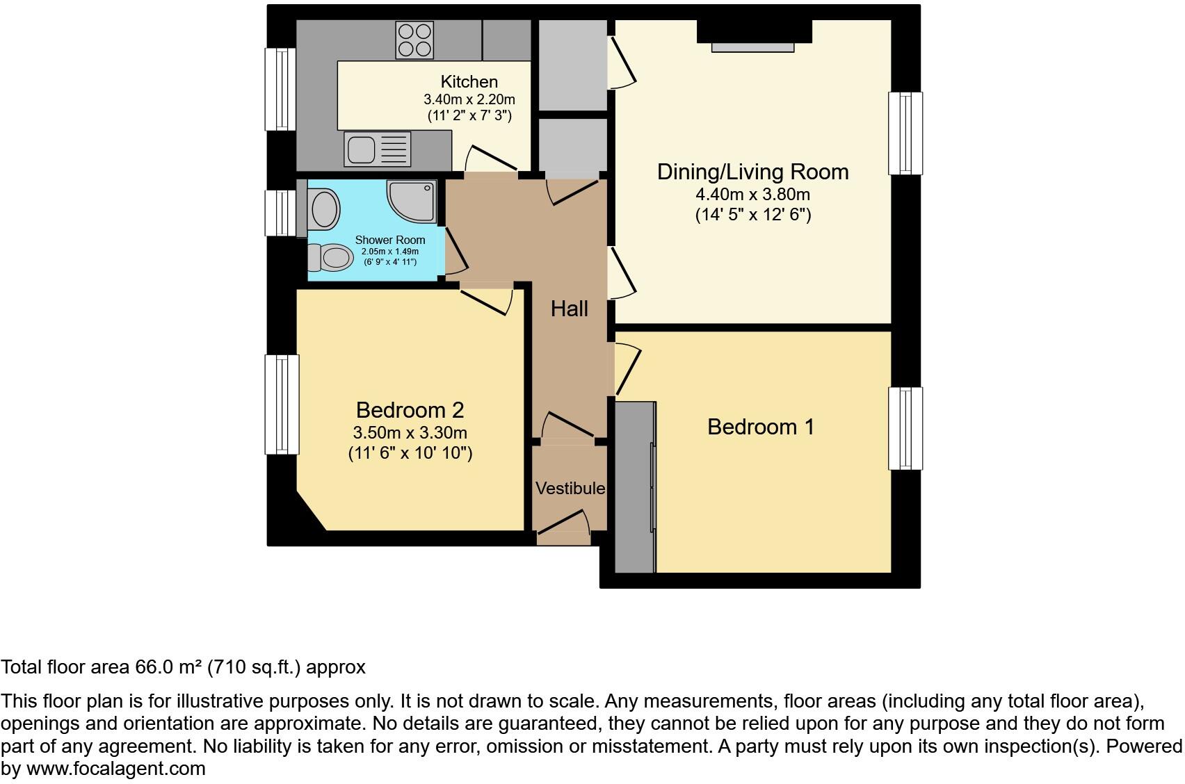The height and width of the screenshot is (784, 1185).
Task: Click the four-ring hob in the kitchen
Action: tap(414, 40)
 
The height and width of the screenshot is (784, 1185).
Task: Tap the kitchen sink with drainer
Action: tap(377, 149)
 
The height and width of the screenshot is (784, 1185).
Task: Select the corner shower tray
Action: tap(412, 202)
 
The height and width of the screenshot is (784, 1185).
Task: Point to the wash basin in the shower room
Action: tap(325, 209)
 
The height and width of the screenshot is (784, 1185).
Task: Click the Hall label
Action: tap(570, 309)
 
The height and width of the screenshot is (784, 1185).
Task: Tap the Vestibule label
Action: tap(570, 488)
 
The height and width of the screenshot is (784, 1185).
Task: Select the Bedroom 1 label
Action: tap(761, 427)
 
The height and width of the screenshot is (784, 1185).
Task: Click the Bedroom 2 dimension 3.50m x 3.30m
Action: tap(410, 433)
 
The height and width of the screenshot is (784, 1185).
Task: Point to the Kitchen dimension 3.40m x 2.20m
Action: tap(469, 99)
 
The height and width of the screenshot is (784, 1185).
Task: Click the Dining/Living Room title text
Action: tap(752, 172)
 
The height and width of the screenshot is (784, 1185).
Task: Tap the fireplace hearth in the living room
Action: tap(752, 47)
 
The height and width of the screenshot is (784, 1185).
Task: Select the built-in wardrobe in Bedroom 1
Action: tap(636, 487)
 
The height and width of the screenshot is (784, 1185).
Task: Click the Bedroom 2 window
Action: tap(282, 405)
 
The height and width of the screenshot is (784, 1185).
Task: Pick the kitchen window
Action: tap(280, 90)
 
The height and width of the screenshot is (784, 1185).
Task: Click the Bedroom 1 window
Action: tap(905, 428)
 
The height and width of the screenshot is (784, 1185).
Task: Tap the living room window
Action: tap(905, 133)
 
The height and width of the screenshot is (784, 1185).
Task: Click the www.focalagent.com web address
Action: tap(116, 768)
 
